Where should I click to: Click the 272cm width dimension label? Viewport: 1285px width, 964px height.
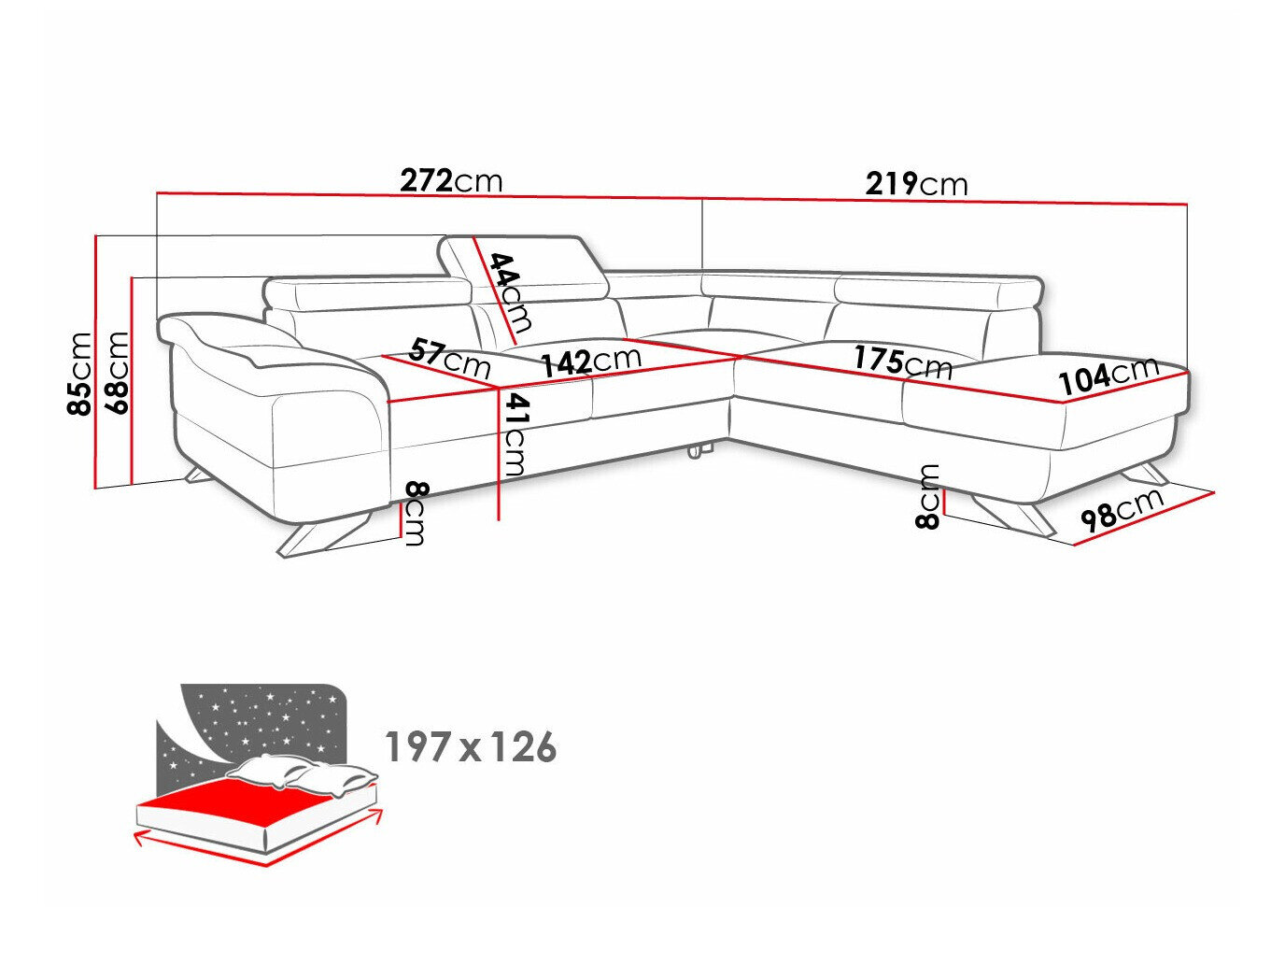point(451,179)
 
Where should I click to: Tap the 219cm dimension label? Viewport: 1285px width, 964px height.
point(916,184)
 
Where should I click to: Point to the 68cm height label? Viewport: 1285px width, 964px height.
point(118,372)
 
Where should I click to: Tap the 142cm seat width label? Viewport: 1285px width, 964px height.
point(591,361)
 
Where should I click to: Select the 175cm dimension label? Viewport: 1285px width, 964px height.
point(901,361)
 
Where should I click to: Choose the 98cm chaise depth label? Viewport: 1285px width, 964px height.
point(1121,510)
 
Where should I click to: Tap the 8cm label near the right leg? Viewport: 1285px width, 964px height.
point(928,496)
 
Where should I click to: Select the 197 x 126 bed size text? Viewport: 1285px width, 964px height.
point(471,747)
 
